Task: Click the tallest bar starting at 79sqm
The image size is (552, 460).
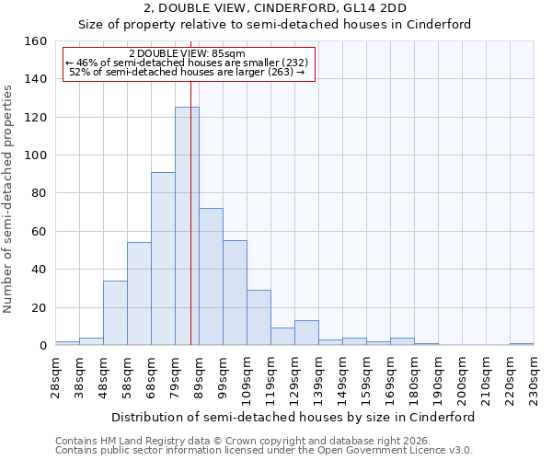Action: [187, 226]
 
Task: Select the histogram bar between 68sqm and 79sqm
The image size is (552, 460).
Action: [163, 259]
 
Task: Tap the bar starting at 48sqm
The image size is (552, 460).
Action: [115, 313]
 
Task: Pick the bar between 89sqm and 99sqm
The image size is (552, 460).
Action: [211, 277]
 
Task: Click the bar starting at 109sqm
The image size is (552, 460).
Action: [259, 317]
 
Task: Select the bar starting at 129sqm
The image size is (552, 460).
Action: [306, 333]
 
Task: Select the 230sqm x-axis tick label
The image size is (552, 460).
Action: [534, 375]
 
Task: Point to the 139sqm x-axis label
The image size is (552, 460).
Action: [318, 375]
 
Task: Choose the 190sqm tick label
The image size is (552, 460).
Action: [438, 375]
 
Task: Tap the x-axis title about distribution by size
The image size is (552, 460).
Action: [293, 417]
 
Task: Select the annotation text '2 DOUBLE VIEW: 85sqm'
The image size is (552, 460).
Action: [187, 54]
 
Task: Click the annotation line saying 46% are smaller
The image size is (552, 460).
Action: [187, 63]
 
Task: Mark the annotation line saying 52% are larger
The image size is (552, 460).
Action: [187, 72]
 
